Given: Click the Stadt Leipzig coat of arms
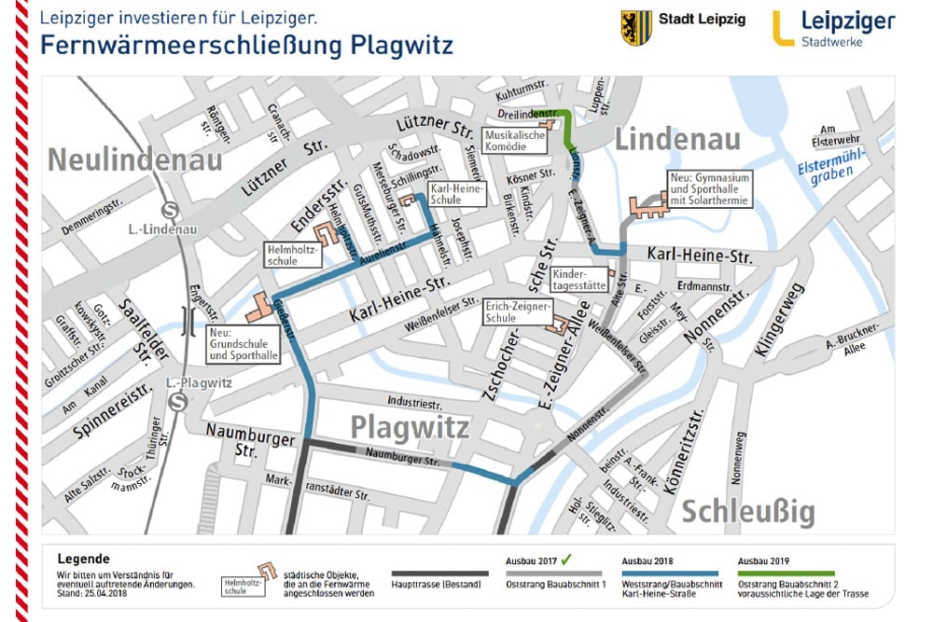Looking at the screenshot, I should tap(636, 27).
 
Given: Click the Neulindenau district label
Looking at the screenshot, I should tap(135, 159).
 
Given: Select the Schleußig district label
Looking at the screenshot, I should tap(747, 512).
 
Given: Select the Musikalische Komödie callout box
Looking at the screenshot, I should tap(514, 141).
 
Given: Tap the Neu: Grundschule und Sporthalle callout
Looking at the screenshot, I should tap(244, 343).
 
